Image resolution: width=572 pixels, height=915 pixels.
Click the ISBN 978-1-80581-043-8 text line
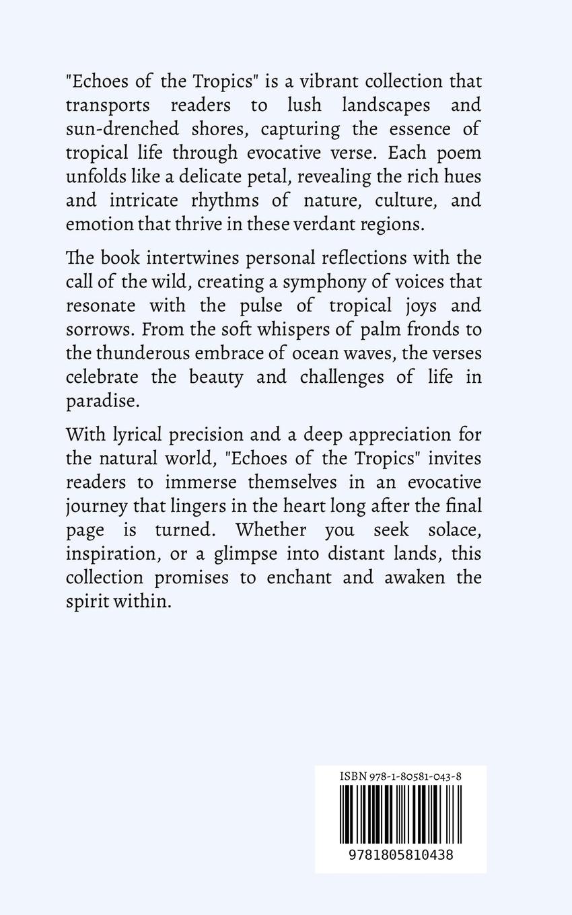point(400,776)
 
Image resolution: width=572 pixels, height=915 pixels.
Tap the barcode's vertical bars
point(400,814)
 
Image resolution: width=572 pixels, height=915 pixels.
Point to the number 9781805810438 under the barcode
point(400,855)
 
